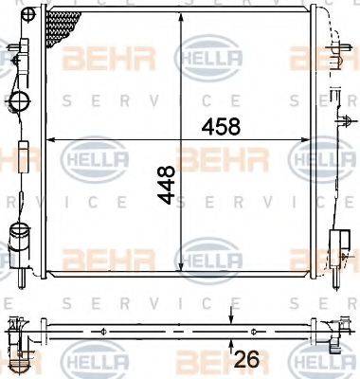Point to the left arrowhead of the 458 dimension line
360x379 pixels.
point(51,139)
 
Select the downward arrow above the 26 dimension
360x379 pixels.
point(228,315)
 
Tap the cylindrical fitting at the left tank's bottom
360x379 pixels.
point(16,234)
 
